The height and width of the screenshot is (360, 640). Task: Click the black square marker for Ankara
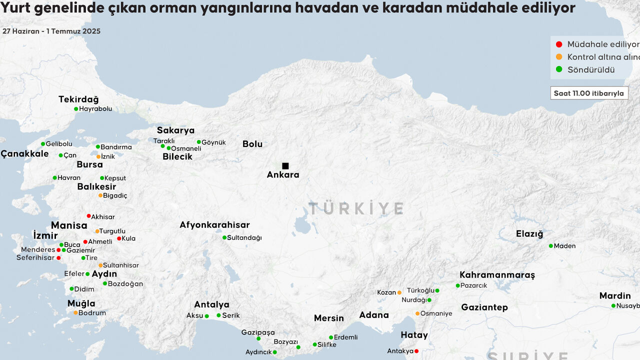click(285, 166)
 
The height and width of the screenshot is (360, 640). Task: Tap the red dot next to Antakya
click(416, 351)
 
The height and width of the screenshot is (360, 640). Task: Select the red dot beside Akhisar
click(88, 216)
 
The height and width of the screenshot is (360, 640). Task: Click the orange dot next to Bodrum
click(75, 313)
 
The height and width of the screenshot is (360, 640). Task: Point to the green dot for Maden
click(550, 246)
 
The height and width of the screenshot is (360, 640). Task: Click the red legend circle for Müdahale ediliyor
click(559, 44)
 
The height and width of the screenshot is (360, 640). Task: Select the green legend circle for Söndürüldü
click(559, 69)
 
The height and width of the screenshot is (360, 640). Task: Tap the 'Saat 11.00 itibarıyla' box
click(589, 93)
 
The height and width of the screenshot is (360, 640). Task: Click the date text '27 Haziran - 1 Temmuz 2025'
click(51, 31)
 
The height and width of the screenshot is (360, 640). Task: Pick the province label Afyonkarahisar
click(214, 225)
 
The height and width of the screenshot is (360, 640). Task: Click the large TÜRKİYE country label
click(356, 208)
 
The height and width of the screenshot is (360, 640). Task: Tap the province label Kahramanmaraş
click(497, 275)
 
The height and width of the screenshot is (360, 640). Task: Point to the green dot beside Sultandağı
click(224, 237)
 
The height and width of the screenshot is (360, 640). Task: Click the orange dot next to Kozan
click(399, 292)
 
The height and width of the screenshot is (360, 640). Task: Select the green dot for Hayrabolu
click(76, 109)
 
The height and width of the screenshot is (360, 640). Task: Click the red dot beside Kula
click(119, 238)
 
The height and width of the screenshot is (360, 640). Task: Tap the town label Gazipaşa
click(258, 332)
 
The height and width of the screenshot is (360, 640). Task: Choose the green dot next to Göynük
click(198, 142)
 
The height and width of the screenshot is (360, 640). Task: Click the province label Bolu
click(252, 144)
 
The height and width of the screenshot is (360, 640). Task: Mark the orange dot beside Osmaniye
click(417, 313)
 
